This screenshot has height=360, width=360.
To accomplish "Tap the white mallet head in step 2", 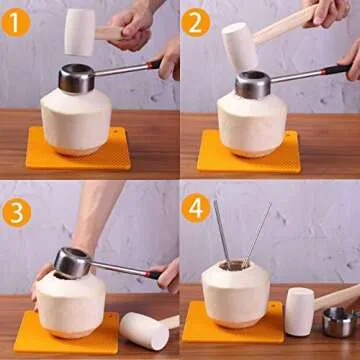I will click(x=239, y=47).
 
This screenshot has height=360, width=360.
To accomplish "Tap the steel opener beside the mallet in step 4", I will click(x=341, y=323).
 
